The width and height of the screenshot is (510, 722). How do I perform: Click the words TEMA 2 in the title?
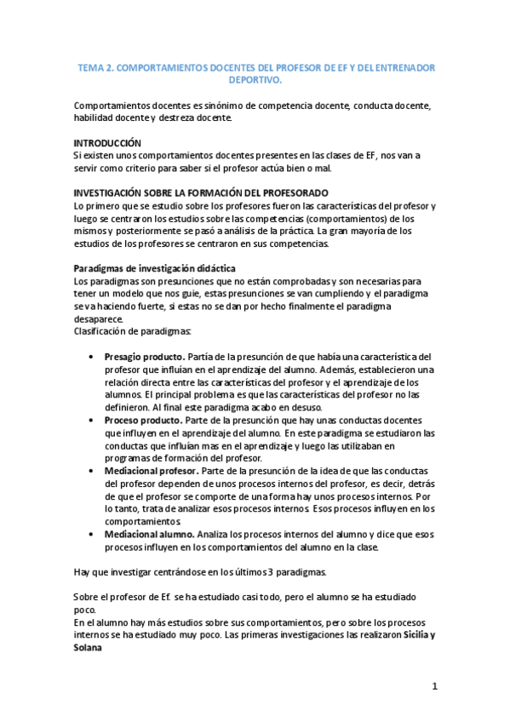93,66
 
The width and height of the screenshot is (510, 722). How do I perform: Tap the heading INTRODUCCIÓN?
107,143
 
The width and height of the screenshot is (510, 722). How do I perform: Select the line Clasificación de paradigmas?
133,330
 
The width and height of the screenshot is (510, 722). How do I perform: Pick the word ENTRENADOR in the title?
405,66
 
